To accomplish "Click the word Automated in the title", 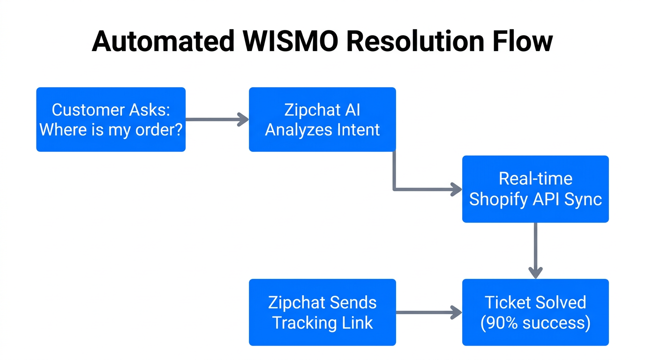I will point(163,41).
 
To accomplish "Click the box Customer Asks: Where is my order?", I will point(111,119).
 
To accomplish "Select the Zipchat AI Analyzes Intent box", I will point(322,119).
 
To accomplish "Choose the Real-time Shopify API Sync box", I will point(535,189).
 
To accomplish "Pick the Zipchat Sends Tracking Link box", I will point(322,312).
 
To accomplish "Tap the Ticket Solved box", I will point(535,312).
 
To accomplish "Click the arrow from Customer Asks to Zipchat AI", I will point(217,120).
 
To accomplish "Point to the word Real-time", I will point(535,179).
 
